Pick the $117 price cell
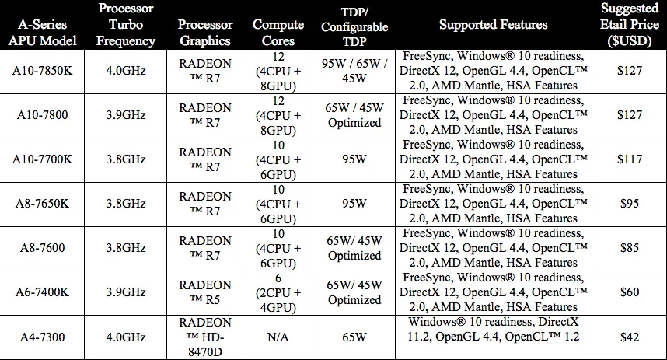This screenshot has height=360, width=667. pyautogui.click(x=630, y=159)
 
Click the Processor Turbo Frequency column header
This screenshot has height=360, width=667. pyautogui.click(x=125, y=25)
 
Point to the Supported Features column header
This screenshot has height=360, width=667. pyautogui.click(x=492, y=25)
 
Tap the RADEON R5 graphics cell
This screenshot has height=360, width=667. pyautogui.click(x=205, y=292)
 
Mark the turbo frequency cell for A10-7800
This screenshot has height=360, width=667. pyautogui.click(x=125, y=115)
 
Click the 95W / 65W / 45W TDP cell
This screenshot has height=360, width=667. pyautogui.click(x=354, y=70)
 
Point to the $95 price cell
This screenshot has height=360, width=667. pyautogui.click(x=630, y=204)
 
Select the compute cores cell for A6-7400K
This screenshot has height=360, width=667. pyautogui.click(x=278, y=292)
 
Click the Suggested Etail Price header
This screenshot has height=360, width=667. pyautogui.click(x=630, y=25)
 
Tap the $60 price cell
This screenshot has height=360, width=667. pyautogui.click(x=630, y=292)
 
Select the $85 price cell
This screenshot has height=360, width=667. pyautogui.click(x=630, y=248)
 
